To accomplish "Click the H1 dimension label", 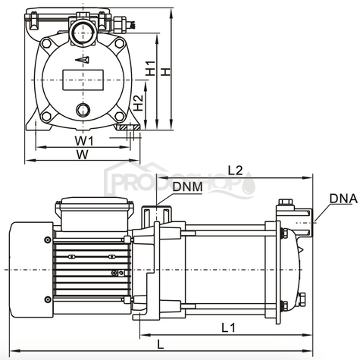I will tap(152, 69).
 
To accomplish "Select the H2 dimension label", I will tap(137, 105).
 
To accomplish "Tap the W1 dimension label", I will tap(83, 141).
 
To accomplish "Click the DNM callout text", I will tap(186, 186).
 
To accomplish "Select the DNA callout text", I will tap(343, 199).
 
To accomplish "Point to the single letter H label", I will tap(168, 69).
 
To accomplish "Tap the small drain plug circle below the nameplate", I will tap(83, 111).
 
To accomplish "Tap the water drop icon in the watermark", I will tap(249, 184).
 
